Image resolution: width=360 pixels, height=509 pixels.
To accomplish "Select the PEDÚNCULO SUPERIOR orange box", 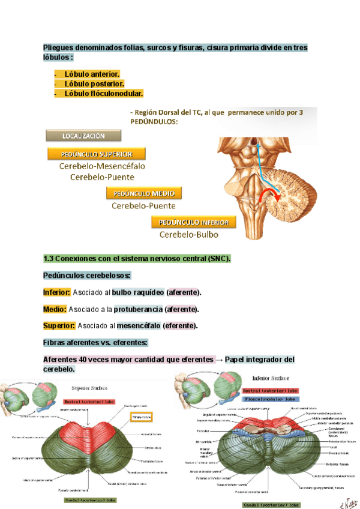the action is (89, 153).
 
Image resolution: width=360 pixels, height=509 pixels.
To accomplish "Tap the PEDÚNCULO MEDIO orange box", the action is (144, 193).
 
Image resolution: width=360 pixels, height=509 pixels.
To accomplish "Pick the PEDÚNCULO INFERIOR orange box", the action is (193, 222).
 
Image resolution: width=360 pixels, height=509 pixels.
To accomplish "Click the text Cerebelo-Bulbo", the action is (188, 235).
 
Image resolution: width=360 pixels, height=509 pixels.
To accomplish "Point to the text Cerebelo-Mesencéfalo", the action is (102, 166).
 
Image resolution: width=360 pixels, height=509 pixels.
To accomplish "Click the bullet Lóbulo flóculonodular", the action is (103, 94).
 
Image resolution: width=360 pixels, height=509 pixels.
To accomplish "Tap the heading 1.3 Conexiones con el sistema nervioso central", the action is (137, 259).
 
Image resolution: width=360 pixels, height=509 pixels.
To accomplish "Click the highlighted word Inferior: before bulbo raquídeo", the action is (56, 292).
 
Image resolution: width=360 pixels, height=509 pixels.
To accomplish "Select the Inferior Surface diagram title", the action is (270, 378).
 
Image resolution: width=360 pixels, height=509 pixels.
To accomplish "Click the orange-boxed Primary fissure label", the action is (143, 415).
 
